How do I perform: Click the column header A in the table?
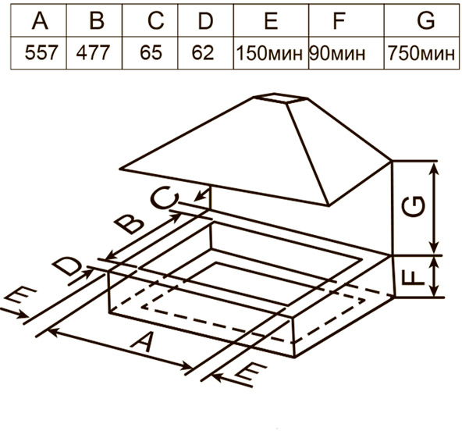pyautogui.click(x=40, y=20)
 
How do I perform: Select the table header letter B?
pyautogui.click(x=97, y=20)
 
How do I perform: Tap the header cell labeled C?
pyautogui.click(x=156, y=20)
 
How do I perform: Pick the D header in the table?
pyautogui.click(x=206, y=20)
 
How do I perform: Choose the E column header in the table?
pyautogui.click(x=272, y=20)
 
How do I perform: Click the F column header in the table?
pyautogui.click(x=339, y=20)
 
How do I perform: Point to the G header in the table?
pyautogui.click(x=426, y=20)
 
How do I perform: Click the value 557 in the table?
pyautogui.click(x=41, y=53)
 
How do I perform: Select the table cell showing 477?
pyautogui.click(x=93, y=53)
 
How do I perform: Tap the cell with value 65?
pyautogui.click(x=151, y=53)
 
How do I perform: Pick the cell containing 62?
pyautogui.click(x=203, y=53)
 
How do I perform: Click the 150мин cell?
pyautogui.click(x=269, y=53)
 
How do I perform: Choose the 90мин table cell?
pyautogui.click(x=337, y=53)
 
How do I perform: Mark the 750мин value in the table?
pyautogui.click(x=421, y=53)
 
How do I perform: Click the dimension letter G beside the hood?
pyautogui.click(x=414, y=206)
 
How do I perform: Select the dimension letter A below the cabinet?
pyautogui.click(x=144, y=341)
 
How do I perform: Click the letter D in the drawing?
pyautogui.click(x=66, y=266)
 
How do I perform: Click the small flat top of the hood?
pyautogui.click(x=281, y=98)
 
